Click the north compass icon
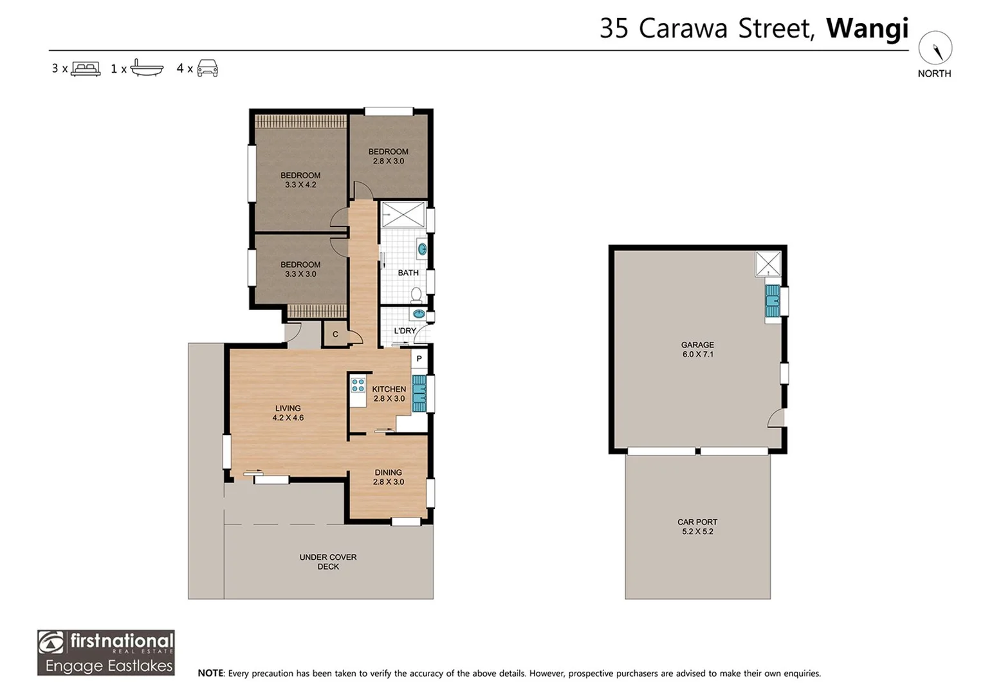pos(935,48)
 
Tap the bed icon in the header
pos(86,68)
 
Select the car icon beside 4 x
pos(208,68)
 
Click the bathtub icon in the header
pos(147,68)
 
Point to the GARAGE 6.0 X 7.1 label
pos(697,349)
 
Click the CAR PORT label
pos(697,522)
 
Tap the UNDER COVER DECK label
pos(328,562)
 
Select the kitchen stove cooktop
pos(358,385)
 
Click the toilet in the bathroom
pos(416,295)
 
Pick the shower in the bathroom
pos(403,215)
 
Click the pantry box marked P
pos(419,358)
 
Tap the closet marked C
pos(335,334)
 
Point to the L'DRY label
pos(405,331)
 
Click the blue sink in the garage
pos(773,301)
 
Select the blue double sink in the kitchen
pos(419,393)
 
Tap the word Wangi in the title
pos(867,29)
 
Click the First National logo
pos(106,653)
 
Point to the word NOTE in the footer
pos(210,673)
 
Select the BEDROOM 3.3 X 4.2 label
pos(300,180)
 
